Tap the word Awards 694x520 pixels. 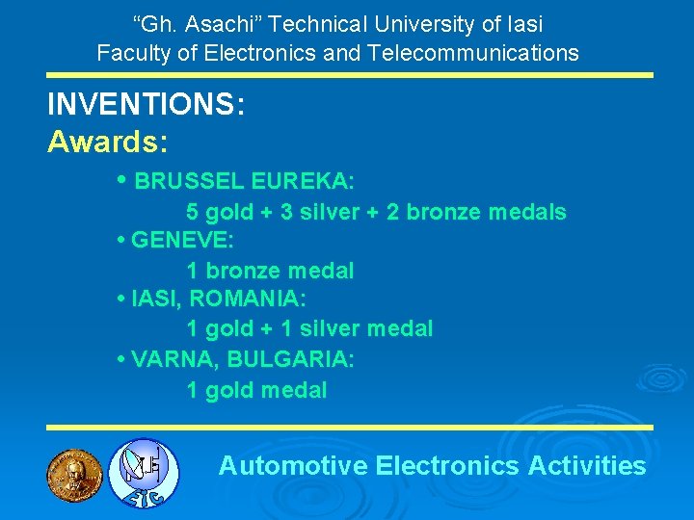(x=105, y=143)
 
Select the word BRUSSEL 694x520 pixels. (x=189, y=182)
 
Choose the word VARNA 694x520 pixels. (x=170, y=360)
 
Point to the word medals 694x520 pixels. (x=530, y=212)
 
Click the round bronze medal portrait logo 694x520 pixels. (x=74, y=472)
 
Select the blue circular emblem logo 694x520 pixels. (x=143, y=473)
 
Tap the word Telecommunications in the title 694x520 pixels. (x=473, y=53)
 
